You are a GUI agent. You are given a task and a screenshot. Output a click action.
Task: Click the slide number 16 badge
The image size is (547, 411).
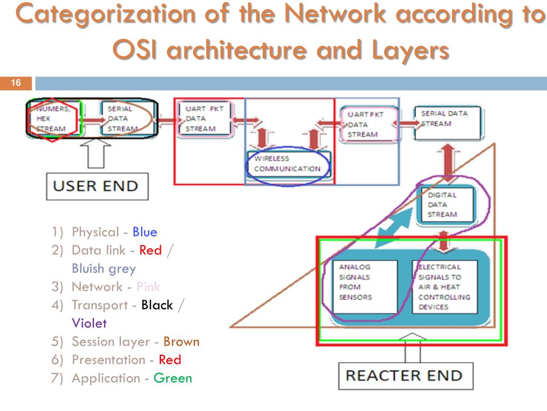pyautogui.click(x=16, y=83)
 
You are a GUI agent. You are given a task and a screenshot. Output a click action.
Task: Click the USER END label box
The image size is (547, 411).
pyautogui.click(x=97, y=186)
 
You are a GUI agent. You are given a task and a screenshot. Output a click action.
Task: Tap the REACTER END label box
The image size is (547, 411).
pyautogui.click(x=403, y=375)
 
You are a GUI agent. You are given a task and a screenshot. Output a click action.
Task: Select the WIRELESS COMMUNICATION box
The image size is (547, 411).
pyautogui.click(x=288, y=164)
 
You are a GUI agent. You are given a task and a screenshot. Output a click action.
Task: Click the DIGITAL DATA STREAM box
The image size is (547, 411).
pyautogui.click(x=445, y=204)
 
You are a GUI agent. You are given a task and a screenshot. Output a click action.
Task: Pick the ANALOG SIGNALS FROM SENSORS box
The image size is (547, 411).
pyautogui.click(x=365, y=286)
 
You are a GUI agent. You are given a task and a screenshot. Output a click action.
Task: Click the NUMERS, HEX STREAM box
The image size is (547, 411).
pyautogui.click(x=53, y=119)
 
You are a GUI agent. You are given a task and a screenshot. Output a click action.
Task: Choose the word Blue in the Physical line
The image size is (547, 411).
pyautogui.click(x=145, y=232)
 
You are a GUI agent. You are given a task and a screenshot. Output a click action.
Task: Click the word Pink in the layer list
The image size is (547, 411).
pyautogui.click(x=148, y=286)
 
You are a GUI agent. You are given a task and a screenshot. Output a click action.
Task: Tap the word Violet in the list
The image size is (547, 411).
pyautogui.click(x=89, y=323)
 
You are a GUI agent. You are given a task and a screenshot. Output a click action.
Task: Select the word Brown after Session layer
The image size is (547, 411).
pyautogui.click(x=181, y=341)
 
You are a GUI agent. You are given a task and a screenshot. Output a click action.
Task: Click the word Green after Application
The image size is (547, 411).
pyautogui.click(x=173, y=378)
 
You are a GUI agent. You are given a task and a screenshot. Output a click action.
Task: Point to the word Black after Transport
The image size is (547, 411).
pyautogui.click(x=157, y=305)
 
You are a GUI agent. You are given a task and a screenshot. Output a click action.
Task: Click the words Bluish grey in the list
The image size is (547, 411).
pyautogui.click(x=104, y=269)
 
